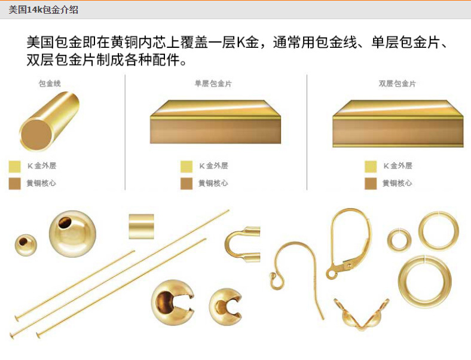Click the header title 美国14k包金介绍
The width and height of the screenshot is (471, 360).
coord(43,10)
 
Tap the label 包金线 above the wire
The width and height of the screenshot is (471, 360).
coord(50,83)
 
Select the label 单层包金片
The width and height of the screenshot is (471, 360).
coord(213,83)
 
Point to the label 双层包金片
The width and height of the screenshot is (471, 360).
coord(397,83)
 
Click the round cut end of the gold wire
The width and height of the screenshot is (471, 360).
coord(36,135)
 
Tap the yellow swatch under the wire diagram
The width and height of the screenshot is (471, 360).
coord(15,166)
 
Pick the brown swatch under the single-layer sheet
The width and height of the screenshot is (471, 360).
coord(186,184)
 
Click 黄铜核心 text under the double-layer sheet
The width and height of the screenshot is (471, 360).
coord(397,183)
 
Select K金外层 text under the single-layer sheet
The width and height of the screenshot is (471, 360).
coord(213,166)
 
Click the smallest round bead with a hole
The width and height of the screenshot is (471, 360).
coord(26,245)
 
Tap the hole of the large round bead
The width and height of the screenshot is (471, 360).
coord(65,223)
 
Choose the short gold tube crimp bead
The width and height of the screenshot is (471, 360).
coord(141,227)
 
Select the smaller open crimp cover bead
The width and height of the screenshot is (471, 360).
coord(225,307)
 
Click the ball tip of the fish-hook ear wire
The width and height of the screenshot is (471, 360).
coord(273,275)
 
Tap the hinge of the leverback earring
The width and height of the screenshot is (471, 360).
coord(348,265)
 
